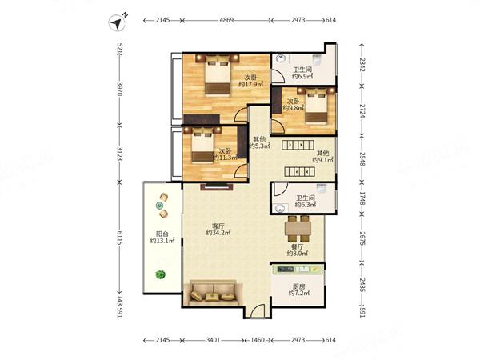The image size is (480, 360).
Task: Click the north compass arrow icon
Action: coord(117,22)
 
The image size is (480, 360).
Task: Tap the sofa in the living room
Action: coord(213,294)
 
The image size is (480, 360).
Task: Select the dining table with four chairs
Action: coord(298,229)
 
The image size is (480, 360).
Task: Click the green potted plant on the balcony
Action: coord(160,274)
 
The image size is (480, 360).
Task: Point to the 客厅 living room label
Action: coord(218,226)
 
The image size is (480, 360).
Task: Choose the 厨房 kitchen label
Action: coord(298,286)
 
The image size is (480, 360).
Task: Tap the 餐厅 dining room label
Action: coord(298,246)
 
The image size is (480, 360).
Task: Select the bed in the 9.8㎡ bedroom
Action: coord(316,106)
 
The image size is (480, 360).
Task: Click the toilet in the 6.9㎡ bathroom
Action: coord(317,59)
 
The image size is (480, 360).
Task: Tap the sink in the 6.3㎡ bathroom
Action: coord(280,209)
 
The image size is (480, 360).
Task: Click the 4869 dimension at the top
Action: coord(226,20)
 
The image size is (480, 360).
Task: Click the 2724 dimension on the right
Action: coord(362,110)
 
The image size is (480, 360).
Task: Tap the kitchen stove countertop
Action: coord(298,270)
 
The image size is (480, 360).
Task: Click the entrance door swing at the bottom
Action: coord(257,311)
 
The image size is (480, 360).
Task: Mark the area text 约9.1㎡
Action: coord(322,160)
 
